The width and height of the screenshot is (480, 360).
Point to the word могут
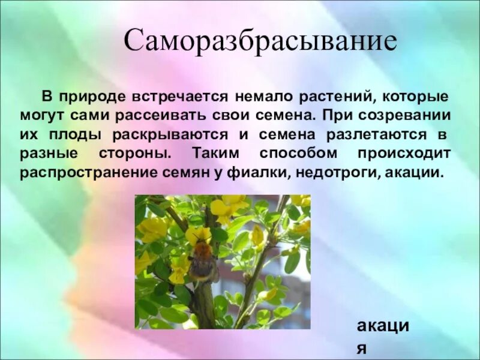[x=41, y=115]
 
